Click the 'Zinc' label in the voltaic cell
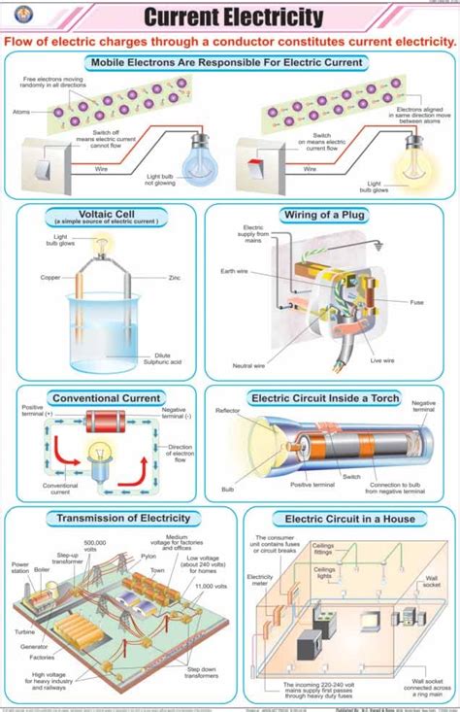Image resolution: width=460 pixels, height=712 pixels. [175, 277]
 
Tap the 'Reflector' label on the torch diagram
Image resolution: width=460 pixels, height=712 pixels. [227, 411]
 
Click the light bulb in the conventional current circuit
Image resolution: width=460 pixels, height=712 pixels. [99, 458]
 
